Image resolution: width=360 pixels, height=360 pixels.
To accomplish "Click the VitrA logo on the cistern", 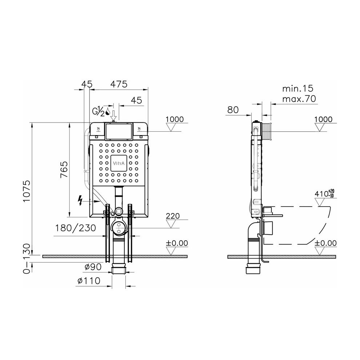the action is point(119,163).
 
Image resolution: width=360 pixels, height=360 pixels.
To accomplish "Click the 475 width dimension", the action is point(119,84).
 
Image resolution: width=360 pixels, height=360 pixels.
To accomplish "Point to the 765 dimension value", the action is point(64,169).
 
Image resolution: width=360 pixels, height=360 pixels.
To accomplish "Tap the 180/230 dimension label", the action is point(76,228).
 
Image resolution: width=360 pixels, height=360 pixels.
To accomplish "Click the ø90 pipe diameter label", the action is point(93,267).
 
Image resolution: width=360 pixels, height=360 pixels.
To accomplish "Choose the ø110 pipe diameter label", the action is point(89,281).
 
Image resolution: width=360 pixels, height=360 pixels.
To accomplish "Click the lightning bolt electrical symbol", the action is point(80,200).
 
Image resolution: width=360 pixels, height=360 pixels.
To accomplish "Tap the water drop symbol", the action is point(107,112).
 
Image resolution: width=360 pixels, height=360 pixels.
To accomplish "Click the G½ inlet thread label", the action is point(99,111).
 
